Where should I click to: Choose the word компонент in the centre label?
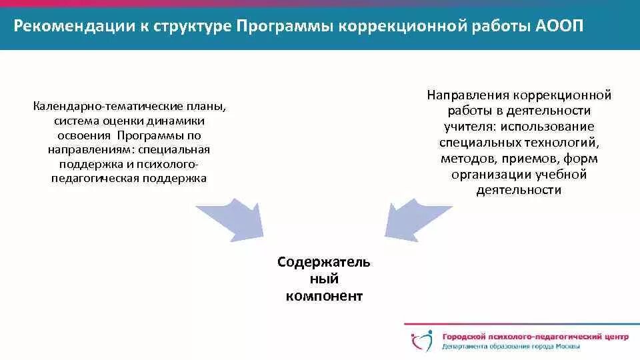[324, 296]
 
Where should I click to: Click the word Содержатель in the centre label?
[324, 262]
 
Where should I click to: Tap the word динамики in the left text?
[181, 121]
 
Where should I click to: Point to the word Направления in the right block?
[469, 95]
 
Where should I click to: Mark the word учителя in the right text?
[467, 127]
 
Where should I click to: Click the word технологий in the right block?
[565, 143]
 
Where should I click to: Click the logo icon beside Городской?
[421, 340]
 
